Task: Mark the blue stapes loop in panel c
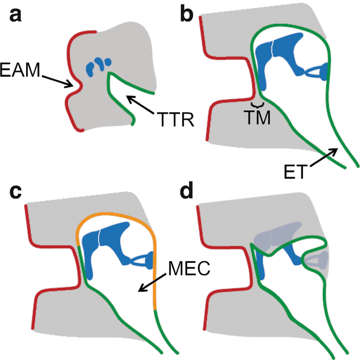click(141, 260)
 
